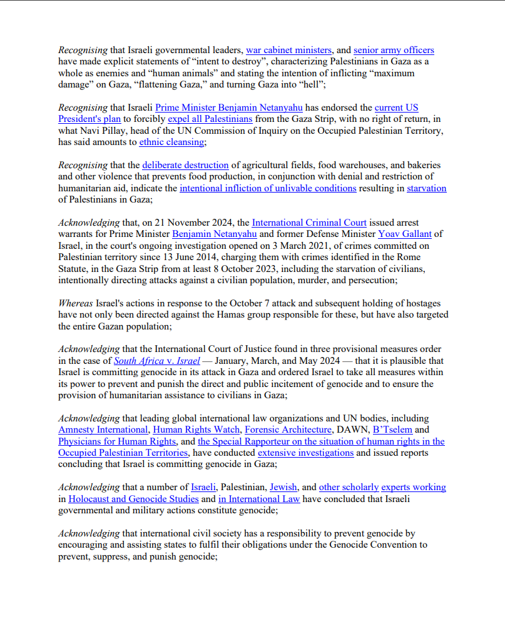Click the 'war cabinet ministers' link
pos(288,50)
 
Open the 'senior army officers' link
pos(394,50)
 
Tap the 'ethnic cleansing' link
pos(171,142)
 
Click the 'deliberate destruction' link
pos(185,165)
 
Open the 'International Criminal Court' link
pos(309,223)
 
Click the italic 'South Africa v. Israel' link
pos(156,361)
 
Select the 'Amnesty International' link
pos(103,430)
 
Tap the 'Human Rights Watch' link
pos(196,430)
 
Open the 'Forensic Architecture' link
pos(288,430)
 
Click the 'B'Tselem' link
pos(392,430)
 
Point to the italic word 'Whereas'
pos(75,303)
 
